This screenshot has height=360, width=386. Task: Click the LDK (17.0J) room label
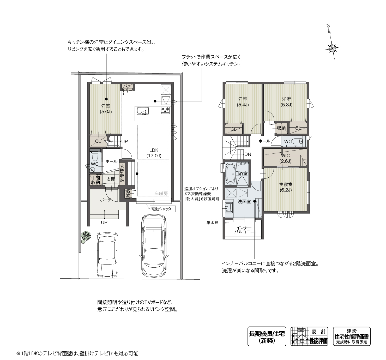pos(154,153)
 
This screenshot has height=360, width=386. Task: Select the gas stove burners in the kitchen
pos(165,110)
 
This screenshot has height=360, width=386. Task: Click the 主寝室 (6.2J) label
pos(286,187)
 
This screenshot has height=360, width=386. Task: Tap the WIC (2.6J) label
pos(285,158)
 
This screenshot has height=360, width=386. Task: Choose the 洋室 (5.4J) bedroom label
pos(243,102)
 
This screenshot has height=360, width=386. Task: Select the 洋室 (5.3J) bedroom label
pos(286,102)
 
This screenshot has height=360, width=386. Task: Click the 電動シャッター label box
pos(163,209)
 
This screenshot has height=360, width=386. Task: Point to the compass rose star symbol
pos(333,48)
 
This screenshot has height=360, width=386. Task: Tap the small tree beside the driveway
pos(86,237)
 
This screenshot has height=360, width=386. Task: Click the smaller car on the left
pos(107,254)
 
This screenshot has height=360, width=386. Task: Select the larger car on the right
pos(154,246)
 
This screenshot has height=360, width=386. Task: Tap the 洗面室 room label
pos(244,202)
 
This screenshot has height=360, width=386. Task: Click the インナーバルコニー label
pos(244,230)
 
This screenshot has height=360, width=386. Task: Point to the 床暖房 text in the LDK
pos(161,194)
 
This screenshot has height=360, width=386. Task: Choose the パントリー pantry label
pos(128,88)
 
